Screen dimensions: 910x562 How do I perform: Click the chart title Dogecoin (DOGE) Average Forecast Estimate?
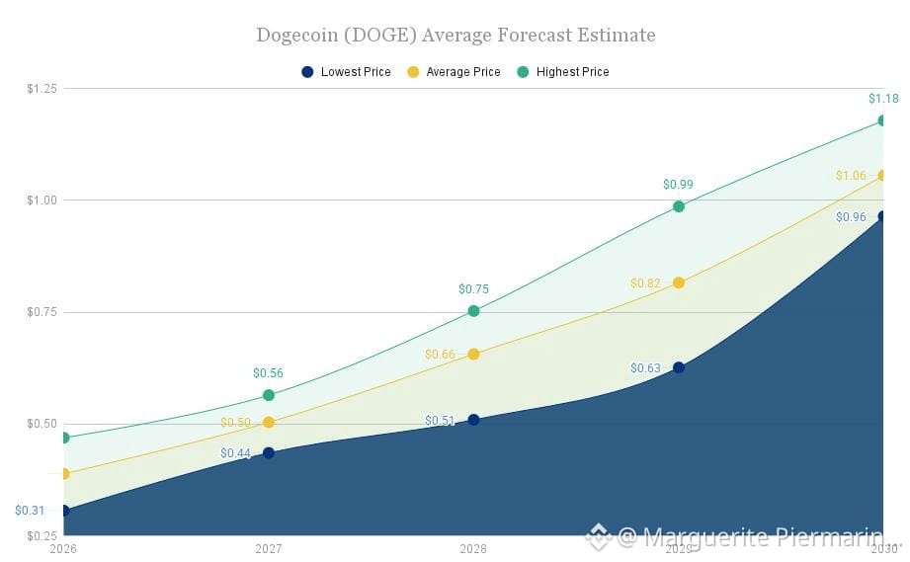tap(455, 36)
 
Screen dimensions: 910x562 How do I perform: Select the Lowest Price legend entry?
tap(346, 72)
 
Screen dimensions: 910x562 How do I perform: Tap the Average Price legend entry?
tap(454, 72)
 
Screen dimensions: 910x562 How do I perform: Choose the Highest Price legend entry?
tap(563, 72)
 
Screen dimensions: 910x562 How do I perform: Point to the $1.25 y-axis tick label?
tap(41, 89)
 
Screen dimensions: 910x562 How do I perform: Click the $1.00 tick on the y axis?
tap(41, 201)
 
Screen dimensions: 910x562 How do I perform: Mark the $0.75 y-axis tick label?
tap(41, 312)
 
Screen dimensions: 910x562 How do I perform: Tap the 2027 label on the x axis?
tap(268, 548)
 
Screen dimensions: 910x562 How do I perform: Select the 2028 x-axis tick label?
tap(473, 548)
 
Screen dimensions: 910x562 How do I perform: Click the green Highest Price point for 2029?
tap(679, 206)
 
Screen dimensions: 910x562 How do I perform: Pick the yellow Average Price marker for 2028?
tap(473, 355)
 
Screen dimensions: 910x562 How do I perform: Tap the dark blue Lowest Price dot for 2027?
tap(269, 453)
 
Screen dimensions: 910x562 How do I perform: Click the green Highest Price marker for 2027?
tap(269, 395)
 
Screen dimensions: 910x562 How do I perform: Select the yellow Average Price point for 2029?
tap(679, 283)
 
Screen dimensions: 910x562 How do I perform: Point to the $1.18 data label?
tap(883, 99)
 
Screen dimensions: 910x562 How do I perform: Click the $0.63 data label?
tap(645, 368)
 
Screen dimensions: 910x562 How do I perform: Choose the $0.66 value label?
tap(440, 355)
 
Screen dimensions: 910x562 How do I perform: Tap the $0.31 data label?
tap(30, 511)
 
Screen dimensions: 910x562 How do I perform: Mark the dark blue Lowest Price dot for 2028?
tap(473, 420)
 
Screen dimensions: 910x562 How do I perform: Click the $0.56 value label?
tap(268, 373)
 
